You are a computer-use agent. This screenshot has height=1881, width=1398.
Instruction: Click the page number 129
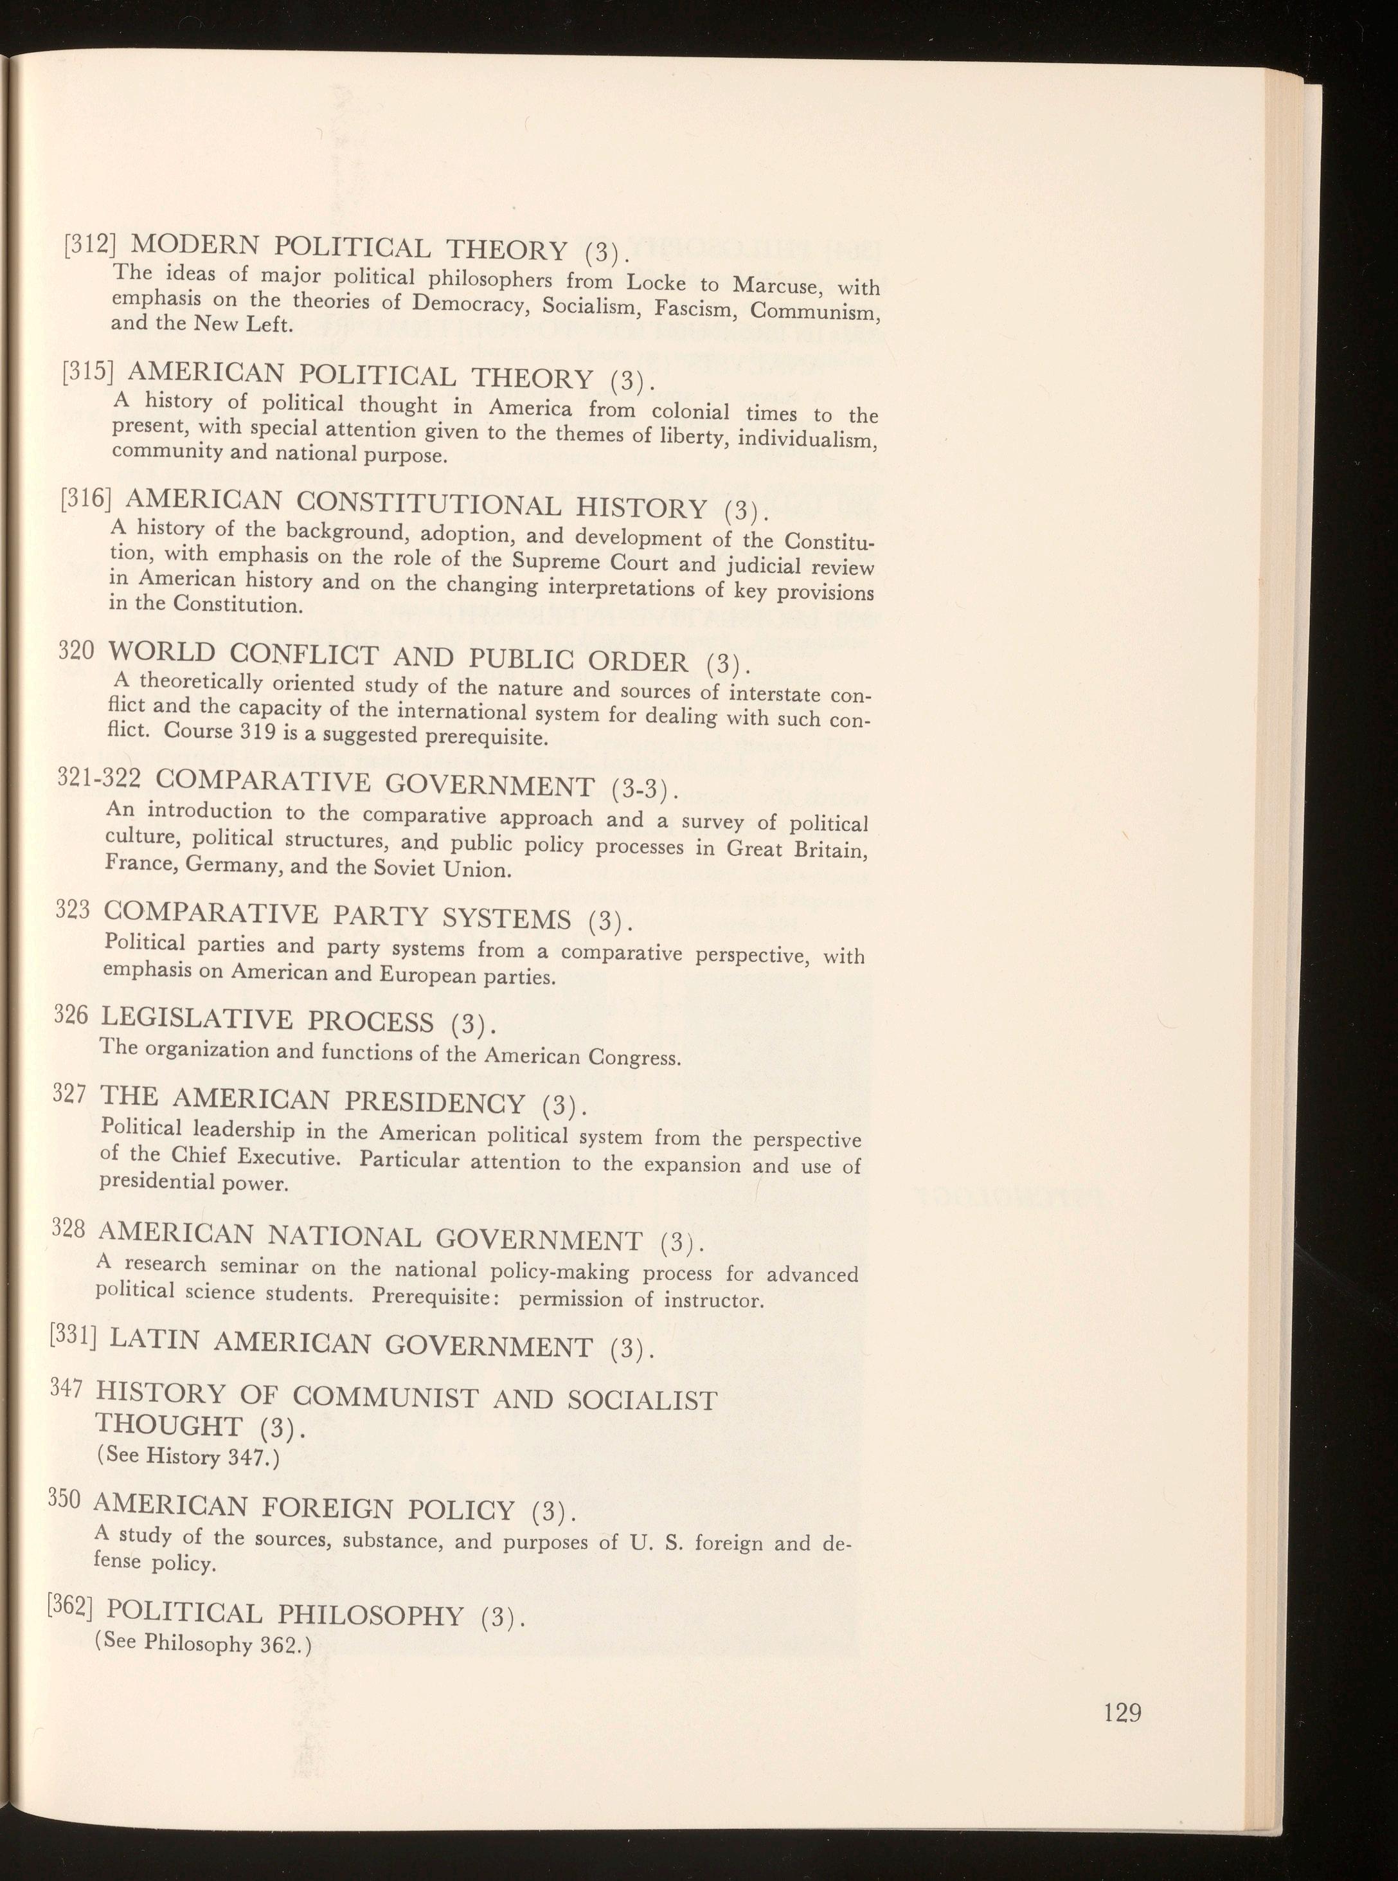[x=1123, y=1689]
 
